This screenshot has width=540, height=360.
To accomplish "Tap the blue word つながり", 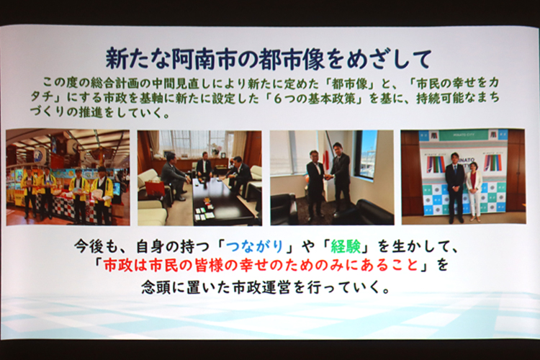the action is pos(254,247).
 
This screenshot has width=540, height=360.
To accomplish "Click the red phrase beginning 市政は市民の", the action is pos(261,266).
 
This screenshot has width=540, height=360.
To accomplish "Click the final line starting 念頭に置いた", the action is pos(266,287).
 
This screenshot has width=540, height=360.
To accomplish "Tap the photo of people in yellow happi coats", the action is pos(68,177).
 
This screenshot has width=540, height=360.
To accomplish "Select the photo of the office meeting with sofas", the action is pos(199,178).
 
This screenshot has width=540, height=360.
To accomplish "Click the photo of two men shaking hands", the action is pos(332,177).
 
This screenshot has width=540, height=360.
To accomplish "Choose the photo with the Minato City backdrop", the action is pos(463,176).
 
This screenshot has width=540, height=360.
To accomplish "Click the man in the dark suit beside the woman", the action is pos(454,188).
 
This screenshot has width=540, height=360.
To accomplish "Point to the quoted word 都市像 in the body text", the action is pos(348,84).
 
